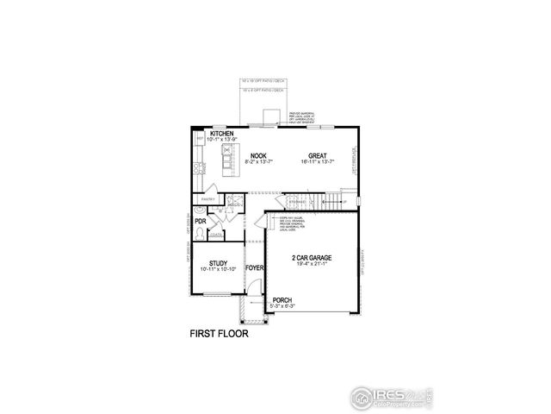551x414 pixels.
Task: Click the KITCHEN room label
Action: tap(222, 134)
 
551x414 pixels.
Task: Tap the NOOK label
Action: tap(257, 155)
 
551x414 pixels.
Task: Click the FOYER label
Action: tap(254, 268)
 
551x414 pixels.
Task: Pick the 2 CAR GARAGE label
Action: tap(312, 258)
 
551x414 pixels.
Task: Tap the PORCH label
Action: tap(282, 299)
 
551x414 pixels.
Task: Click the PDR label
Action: tap(200, 222)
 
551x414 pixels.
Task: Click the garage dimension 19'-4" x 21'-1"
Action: tap(312, 265)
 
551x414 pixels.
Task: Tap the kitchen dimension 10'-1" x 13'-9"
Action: tap(222, 140)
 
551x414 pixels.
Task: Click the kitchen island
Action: tap(228, 160)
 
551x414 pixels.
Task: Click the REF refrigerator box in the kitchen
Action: tap(200, 138)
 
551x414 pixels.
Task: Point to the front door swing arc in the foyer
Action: tap(258, 225)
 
